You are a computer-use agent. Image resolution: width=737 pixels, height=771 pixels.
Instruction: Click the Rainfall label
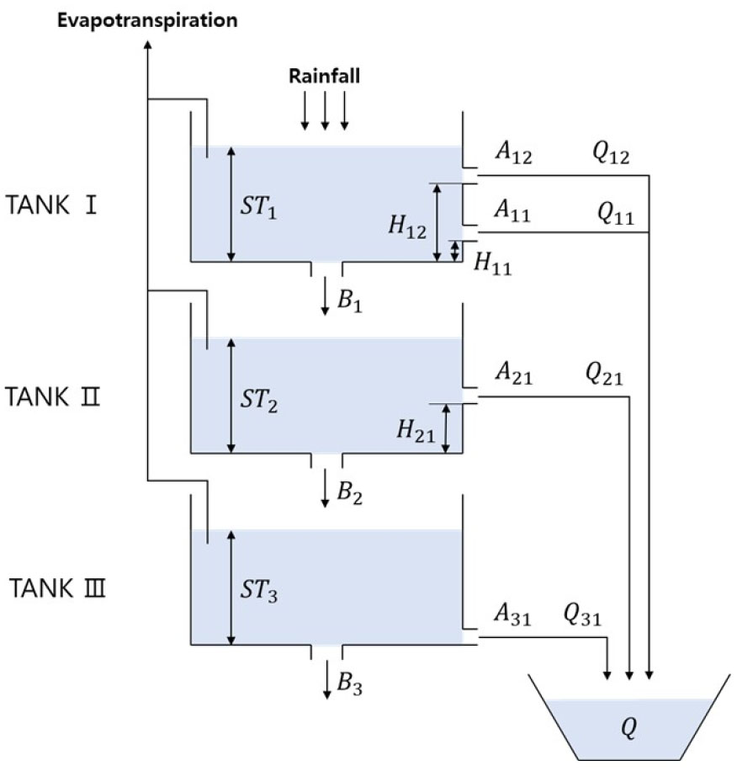[325, 77]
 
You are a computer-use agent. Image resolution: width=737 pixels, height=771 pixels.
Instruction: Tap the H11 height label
[492, 263]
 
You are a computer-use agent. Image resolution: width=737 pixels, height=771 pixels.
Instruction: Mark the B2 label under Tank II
[349, 494]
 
